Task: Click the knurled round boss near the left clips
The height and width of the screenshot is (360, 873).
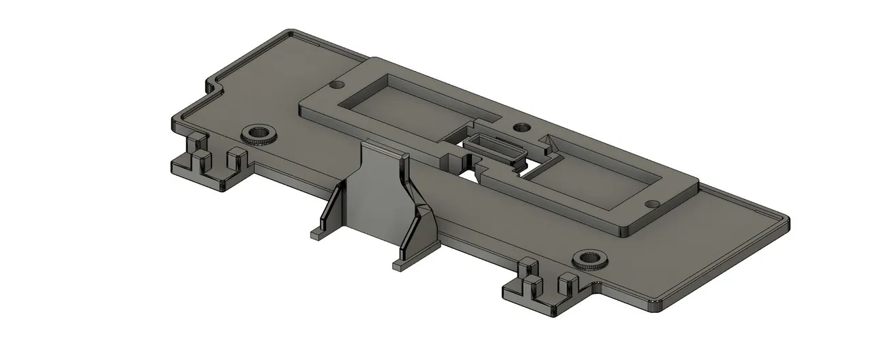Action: [x=260, y=134]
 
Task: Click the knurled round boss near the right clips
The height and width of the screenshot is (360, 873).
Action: [x=589, y=259]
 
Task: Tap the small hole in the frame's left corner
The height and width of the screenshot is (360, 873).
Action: [x=336, y=86]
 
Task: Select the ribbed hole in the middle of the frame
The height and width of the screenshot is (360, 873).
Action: [x=521, y=127]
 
